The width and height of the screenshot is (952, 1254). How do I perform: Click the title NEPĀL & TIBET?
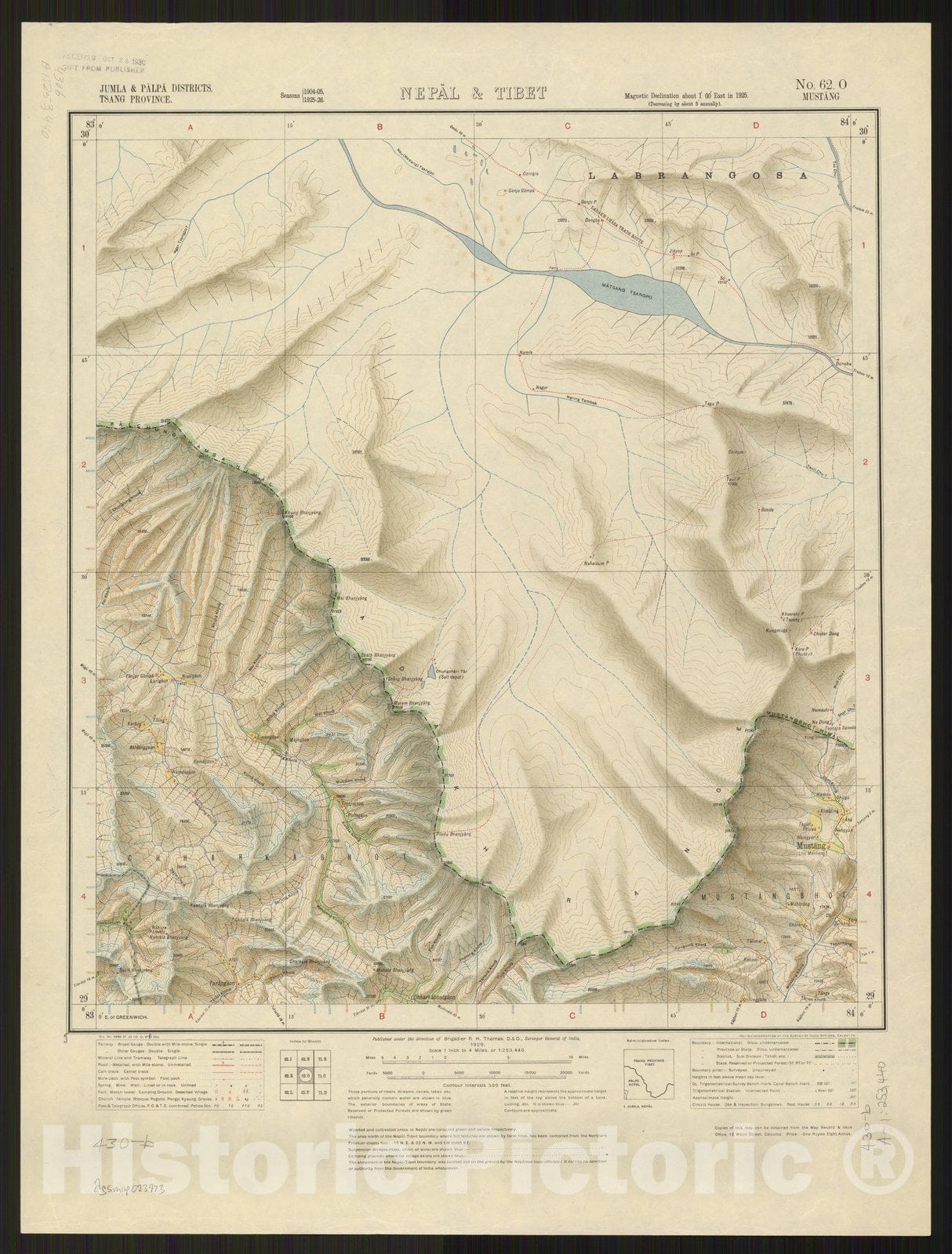tap(474, 93)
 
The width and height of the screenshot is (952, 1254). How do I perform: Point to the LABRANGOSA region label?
tap(696, 177)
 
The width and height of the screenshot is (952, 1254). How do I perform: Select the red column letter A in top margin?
tap(189, 126)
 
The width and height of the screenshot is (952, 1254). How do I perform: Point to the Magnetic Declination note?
tap(687, 96)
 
